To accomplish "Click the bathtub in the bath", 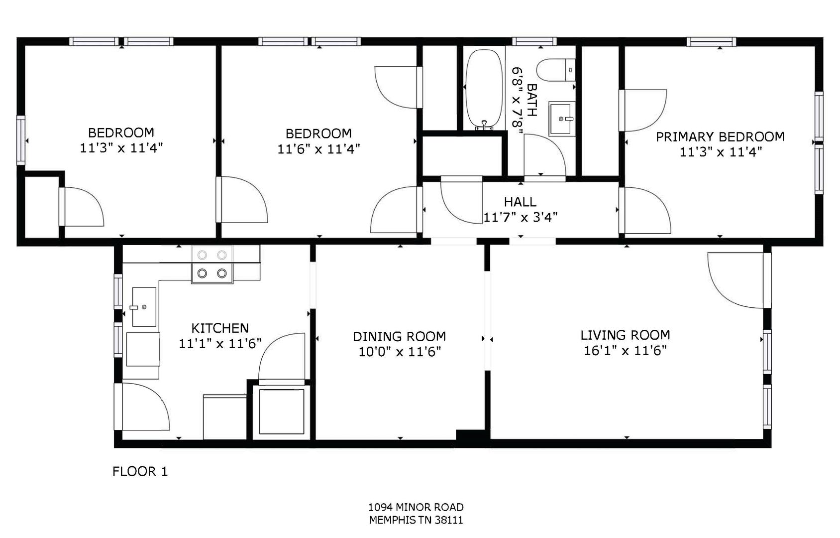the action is pos(484,89).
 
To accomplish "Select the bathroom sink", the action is pos(562,119).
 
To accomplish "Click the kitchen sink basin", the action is pos(144,307).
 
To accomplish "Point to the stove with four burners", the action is pos(212,264).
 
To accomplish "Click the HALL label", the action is pos(520,202).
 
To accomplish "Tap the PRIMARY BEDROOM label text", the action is pos(720,136).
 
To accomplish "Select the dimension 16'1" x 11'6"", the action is pos(626,351).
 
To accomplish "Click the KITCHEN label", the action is pos(220,328).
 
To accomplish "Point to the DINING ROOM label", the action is pos(400,336).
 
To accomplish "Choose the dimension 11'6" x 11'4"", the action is pos(319,149).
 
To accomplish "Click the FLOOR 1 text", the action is pos(140,471).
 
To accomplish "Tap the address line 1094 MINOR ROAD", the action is pos(416,507).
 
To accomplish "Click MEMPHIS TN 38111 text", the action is pos(416,520).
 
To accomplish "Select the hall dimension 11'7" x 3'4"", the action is pos(520,217).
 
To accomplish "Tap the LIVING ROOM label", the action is pos(626,335).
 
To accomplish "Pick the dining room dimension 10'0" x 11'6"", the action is pos(400,352).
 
